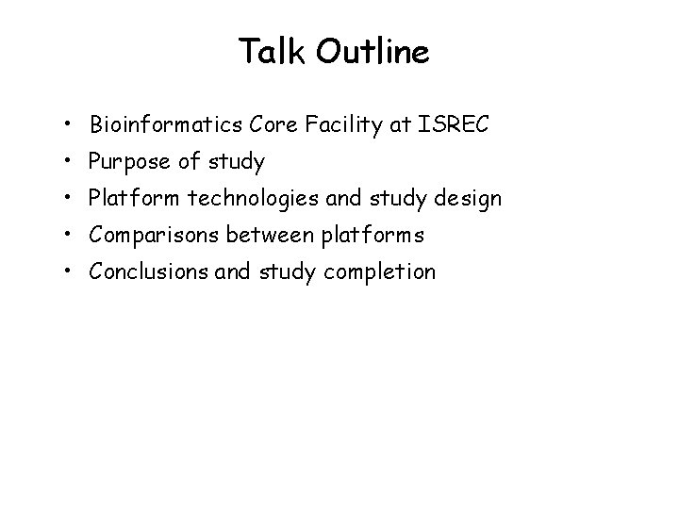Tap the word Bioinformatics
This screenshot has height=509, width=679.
168,125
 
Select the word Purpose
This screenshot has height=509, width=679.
127,163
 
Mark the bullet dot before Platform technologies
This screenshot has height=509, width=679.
71,199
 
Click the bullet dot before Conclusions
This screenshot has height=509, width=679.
71,272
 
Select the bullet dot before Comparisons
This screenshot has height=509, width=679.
71,236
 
